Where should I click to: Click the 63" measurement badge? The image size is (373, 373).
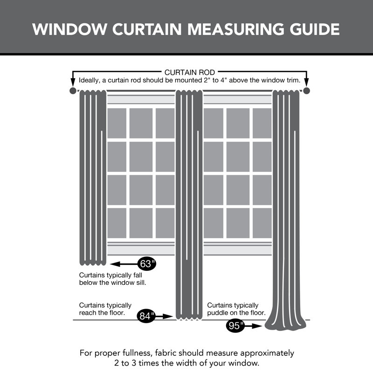coord(146,264)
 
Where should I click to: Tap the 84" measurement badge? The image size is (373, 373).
coord(146,316)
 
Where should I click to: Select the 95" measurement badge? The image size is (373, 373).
coord(236,326)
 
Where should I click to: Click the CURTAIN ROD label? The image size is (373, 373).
coord(189,72)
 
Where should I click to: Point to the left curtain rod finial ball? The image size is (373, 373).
coord(72,90)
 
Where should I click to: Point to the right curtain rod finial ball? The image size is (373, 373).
coord(306,90)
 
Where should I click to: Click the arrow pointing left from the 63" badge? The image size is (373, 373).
coord(124,264)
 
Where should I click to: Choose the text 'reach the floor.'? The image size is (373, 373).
coord(102,313)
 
